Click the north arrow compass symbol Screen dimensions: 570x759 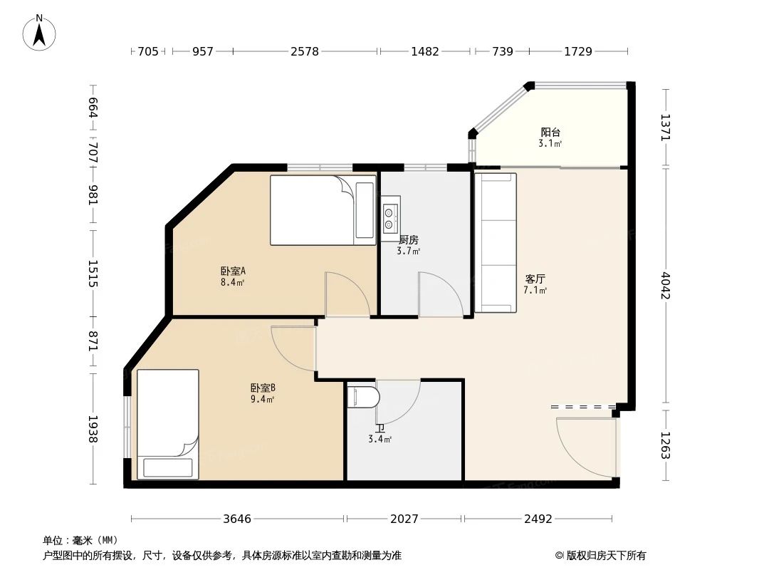[x=40, y=32]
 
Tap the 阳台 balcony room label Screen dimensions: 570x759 [x=550, y=133]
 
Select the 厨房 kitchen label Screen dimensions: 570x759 [x=408, y=240]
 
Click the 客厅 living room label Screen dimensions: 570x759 [x=535, y=279]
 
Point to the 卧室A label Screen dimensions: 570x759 [x=232, y=271]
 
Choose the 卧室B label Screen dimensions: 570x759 [x=262, y=388]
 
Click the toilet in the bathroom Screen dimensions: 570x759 [x=362, y=396]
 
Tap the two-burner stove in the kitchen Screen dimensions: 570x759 [x=389, y=217]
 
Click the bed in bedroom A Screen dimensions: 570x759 [x=322, y=210]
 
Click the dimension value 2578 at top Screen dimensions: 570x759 [x=305, y=51]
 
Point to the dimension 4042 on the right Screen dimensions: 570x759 [x=666, y=285]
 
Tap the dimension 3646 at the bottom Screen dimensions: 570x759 [x=237, y=519]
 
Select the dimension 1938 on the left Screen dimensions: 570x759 [x=92, y=430]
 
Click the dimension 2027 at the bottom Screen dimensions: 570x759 [x=404, y=519]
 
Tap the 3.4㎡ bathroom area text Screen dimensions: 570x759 [x=379, y=440]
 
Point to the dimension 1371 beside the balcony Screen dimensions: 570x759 [x=666, y=128]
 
